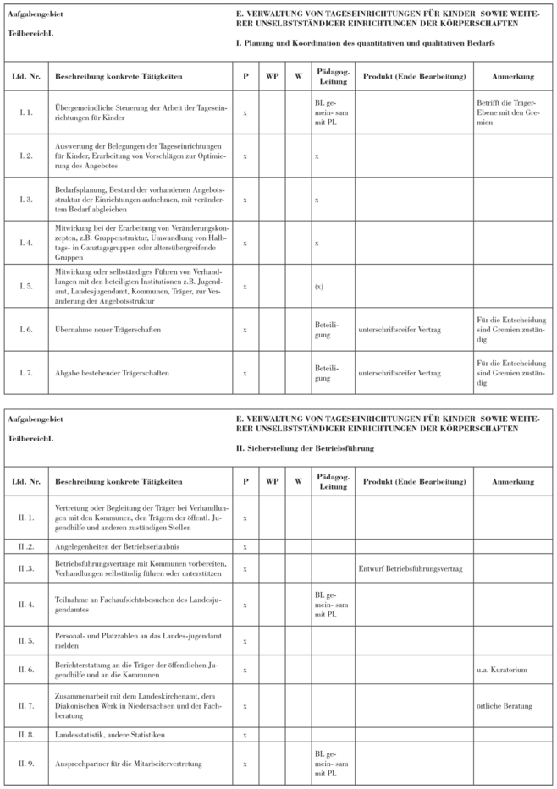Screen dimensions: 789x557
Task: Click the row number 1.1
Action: pos(25,112)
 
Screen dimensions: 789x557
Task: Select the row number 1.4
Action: pos(25,243)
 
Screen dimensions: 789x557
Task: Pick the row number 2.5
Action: pos(25,642)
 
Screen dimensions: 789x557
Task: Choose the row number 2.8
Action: pos(25,733)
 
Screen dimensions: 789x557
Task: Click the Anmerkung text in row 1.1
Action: pos(506,112)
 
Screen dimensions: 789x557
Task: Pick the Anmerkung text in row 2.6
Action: pos(506,671)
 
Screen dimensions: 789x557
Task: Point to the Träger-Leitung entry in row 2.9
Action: pos(328,764)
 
